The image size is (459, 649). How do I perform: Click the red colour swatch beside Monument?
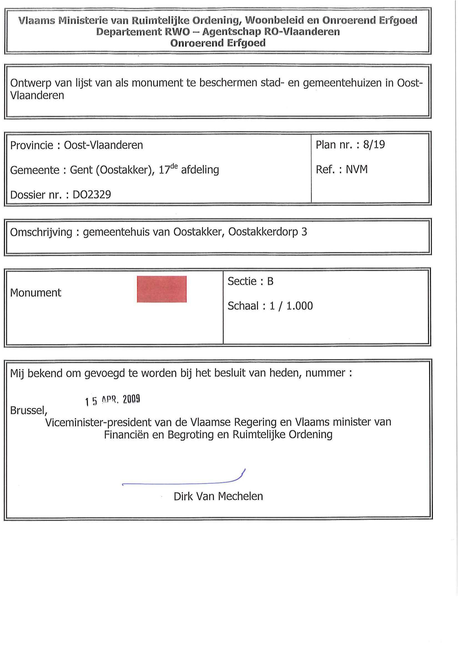click(x=162, y=289)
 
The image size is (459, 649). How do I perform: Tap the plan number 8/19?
click(x=374, y=145)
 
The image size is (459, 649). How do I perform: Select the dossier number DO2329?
click(x=92, y=194)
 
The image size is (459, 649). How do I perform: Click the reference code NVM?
click(x=357, y=169)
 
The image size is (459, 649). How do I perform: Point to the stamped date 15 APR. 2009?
click(x=113, y=400)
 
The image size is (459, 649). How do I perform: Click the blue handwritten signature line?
click(x=181, y=483)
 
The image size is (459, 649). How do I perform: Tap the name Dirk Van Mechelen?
click(x=218, y=496)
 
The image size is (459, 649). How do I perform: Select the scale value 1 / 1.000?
click(x=291, y=306)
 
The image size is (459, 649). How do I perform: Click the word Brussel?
click(x=28, y=410)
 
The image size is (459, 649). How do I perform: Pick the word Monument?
click(x=36, y=293)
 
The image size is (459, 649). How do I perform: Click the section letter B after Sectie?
click(x=270, y=281)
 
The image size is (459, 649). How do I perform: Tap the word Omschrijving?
click(x=41, y=232)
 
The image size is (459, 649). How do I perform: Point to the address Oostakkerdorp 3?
click(x=267, y=232)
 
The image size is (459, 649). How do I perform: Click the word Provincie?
click(x=32, y=145)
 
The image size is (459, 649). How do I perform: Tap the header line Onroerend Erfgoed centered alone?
click(x=218, y=43)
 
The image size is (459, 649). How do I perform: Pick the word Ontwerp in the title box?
click(x=31, y=83)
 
